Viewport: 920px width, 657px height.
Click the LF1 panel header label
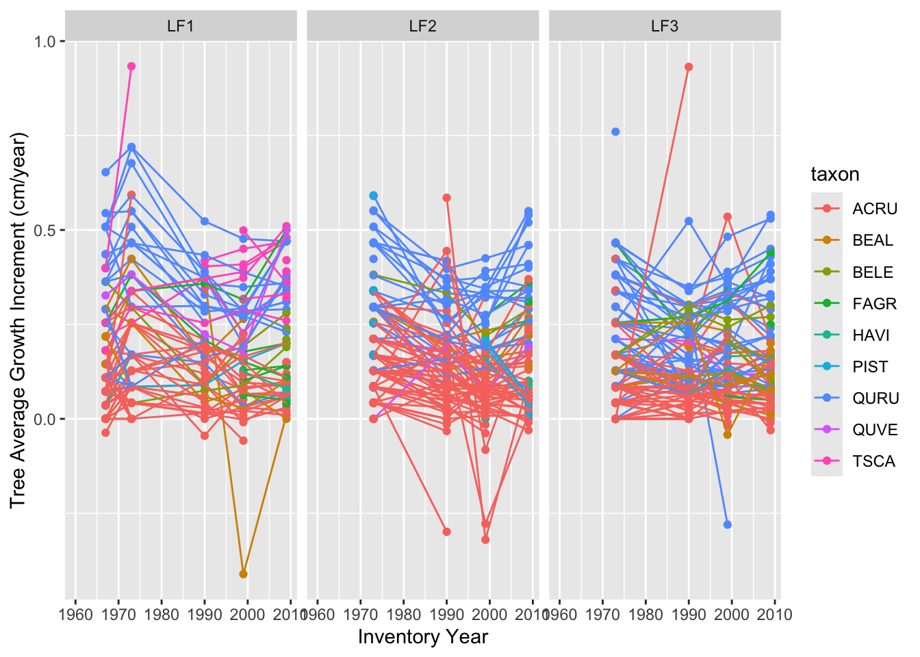point(180,26)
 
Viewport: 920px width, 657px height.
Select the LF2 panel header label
point(422,26)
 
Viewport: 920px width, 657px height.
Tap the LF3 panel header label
point(665,26)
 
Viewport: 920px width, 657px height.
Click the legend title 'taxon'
point(835,175)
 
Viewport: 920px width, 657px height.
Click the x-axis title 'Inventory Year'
point(422,637)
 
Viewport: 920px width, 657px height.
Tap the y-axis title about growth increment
point(18,321)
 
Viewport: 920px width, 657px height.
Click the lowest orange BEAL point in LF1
point(244,574)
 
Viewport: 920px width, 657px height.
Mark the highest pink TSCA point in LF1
point(131,66)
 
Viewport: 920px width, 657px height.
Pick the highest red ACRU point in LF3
point(689,67)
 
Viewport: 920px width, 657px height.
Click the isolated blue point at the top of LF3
point(615,132)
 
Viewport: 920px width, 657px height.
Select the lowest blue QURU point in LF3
point(728,524)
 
